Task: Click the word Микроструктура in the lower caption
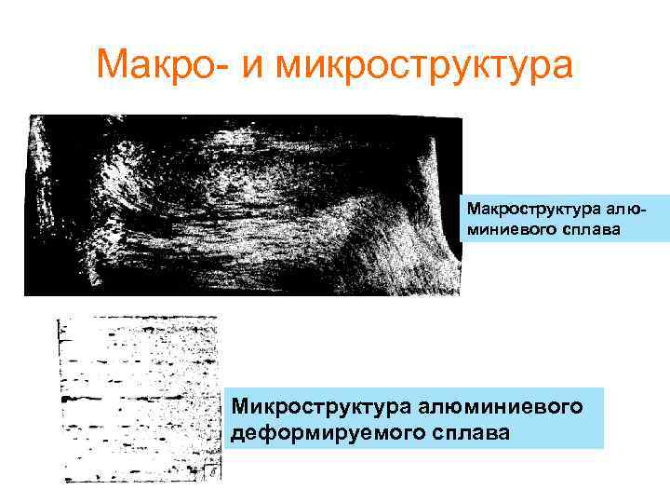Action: point(326,407)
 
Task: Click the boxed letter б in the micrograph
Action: point(213,472)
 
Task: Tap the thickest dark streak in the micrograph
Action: point(84,398)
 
